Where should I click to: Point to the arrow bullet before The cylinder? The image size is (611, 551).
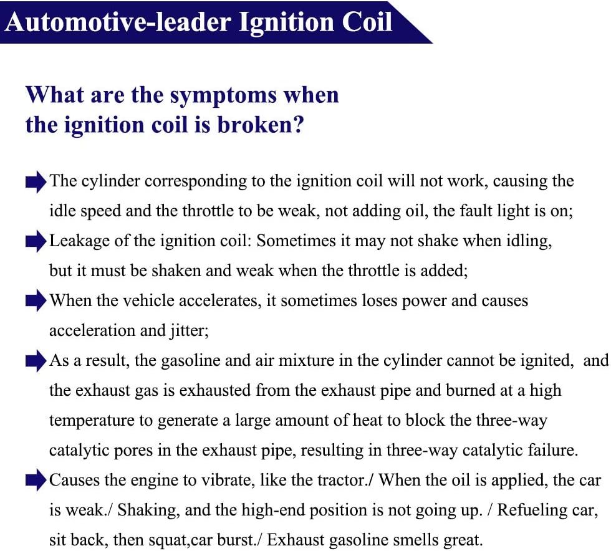tap(36, 182)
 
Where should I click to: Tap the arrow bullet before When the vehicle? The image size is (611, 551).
tap(36, 301)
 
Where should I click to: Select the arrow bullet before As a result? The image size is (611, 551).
tap(36, 361)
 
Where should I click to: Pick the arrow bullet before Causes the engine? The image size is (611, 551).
tap(36, 481)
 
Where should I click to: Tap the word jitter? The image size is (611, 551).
tap(189, 331)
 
